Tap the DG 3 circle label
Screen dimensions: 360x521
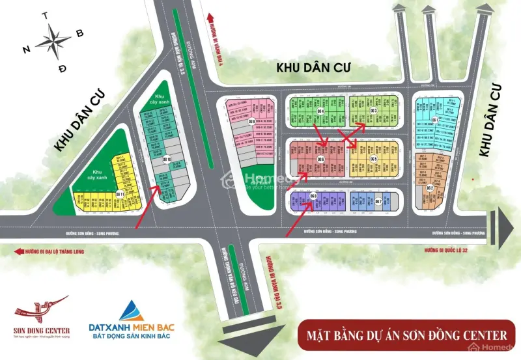click(374, 111)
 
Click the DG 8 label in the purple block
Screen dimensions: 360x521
click(313, 196)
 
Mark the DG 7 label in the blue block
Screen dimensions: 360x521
click(378, 201)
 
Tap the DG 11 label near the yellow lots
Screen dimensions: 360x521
click(120, 194)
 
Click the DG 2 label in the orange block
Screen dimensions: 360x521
click(430, 188)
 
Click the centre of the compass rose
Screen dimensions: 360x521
click(54, 40)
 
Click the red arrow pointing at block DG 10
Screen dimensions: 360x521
click(147, 207)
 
